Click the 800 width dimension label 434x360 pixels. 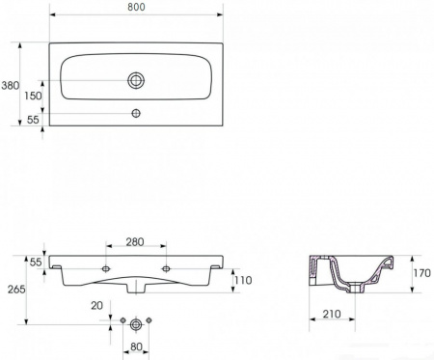(x=136, y=7)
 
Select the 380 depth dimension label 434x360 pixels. (x=11, y=86)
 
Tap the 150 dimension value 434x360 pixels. (x=33, y=96)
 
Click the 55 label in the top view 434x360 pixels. (x=33, y=120)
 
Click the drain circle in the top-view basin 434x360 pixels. (x=136, y=80)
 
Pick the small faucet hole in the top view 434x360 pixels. (x=136, y=113)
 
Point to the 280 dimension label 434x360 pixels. (x=135, y=242)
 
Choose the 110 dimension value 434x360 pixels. (x=243, y=281)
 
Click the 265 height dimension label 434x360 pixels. (x=16, y=290)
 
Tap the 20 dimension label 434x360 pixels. (x=96, y=306)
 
